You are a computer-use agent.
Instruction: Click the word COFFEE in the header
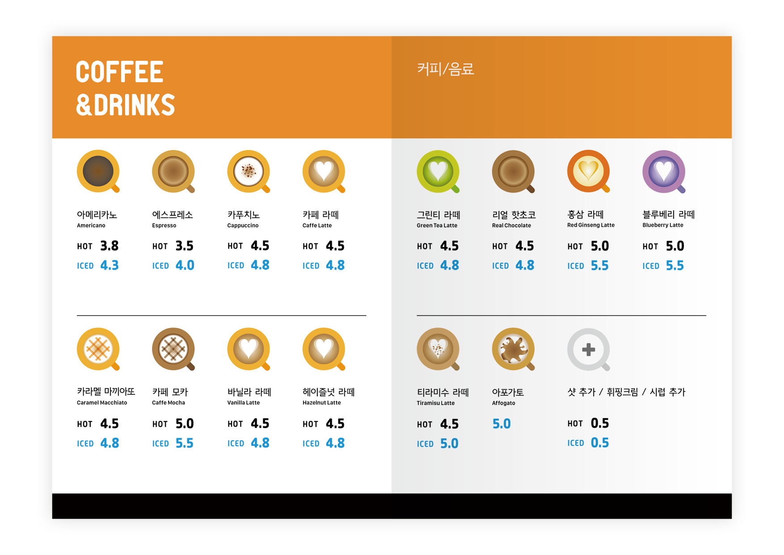(x=120, y=72)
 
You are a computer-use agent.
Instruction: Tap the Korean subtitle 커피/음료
(x=445, y=69)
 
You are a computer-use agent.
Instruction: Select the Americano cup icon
(x=98, y=171)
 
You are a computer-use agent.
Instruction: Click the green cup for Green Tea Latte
(x=438, y=171)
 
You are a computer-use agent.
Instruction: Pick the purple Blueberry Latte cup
(x=664, y=171)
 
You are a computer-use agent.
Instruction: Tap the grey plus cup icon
(x=589, y=350)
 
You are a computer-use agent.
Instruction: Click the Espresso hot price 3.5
(x=184, y=246)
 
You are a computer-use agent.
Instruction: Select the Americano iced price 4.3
(x=110, y=265)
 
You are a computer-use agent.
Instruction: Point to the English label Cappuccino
(x=243, y=226)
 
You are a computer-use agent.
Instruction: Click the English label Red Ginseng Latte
(x=591, y=225)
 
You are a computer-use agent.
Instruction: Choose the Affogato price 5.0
(x=502, y=424)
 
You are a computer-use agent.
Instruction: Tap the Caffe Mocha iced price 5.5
(x=184, y=443)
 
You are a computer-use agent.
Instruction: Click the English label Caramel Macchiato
(x=102, y=403)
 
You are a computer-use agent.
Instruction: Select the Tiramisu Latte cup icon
(x=438, y=350)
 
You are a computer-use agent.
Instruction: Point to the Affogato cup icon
(x=514, y=350)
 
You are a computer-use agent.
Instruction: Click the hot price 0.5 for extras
(x=600, y=423)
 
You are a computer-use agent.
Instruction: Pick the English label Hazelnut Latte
(x=321, y=403)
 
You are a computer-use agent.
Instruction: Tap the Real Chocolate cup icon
(x=514, y=171)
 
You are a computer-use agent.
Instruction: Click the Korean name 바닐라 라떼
(x=249, y=392)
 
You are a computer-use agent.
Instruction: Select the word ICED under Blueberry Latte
(x=651, y=266)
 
